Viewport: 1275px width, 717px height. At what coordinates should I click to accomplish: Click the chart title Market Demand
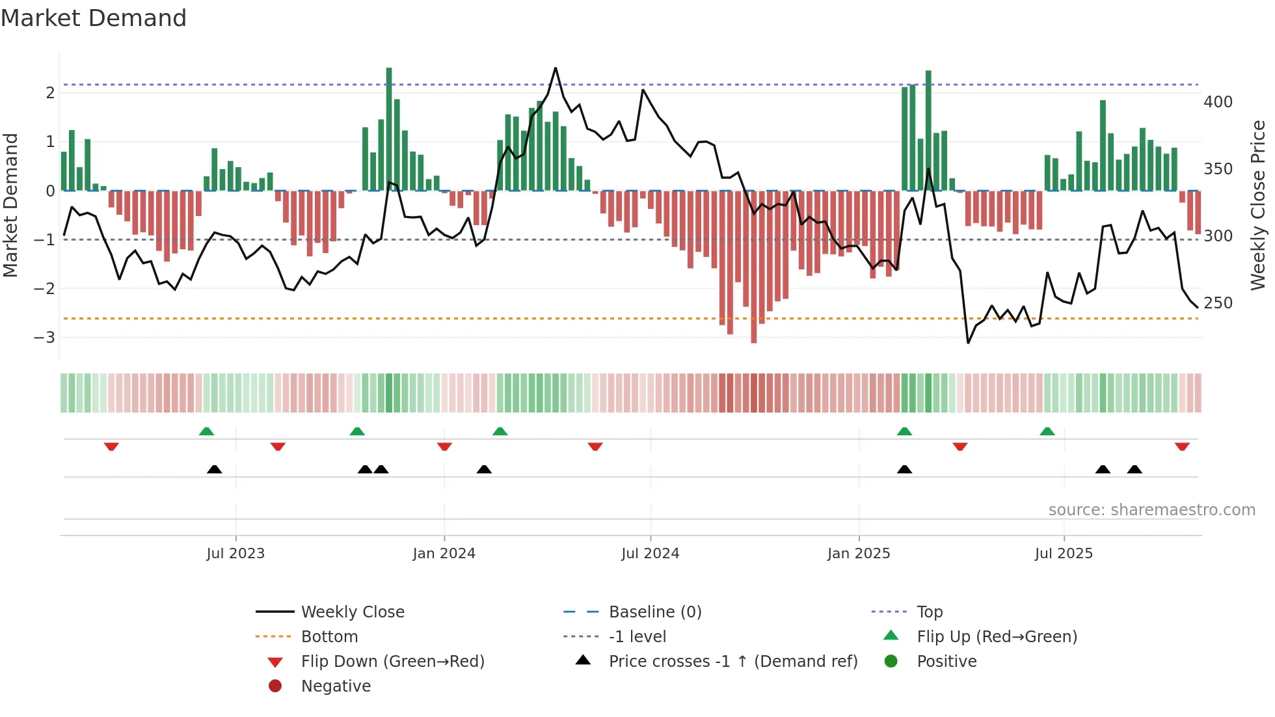[x=94, y=18]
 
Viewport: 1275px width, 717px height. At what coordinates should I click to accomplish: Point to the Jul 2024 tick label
[x=650, y=554]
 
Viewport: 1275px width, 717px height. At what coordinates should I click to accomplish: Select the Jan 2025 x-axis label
[x=858, y=554]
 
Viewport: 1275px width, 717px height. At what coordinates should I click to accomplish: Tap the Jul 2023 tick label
[x=235, y=554]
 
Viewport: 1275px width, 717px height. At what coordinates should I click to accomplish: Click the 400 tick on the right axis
[x=1218, y=102]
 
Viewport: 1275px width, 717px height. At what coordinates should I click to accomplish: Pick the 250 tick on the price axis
[x=1218, y=303]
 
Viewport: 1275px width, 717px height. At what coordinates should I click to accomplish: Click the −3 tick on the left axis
[x=44, y=337]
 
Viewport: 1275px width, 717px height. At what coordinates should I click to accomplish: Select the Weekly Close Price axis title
[x=1258, y=205]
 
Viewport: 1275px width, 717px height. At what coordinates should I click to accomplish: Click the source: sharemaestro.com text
[x=1151, y=510]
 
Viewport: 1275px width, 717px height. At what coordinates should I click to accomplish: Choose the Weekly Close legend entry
[x=352, y=612]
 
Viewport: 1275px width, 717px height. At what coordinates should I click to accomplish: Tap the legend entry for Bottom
[x=329, y=637]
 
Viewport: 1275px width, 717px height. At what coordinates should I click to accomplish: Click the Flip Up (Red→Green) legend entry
[x=997, y=637]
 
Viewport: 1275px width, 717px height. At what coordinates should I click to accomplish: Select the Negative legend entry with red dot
[x=336, y=686]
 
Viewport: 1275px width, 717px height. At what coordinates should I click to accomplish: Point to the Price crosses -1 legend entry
[x=732, y=662]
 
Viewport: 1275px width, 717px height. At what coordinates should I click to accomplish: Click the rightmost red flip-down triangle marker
[x=1182, y=446]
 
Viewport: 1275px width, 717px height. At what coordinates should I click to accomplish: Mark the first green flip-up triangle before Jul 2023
[x=206, y=431]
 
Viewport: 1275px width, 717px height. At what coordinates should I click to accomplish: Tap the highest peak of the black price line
[x=555, y=68]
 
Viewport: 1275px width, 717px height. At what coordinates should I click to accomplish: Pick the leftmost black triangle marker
[x=214, y=469]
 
